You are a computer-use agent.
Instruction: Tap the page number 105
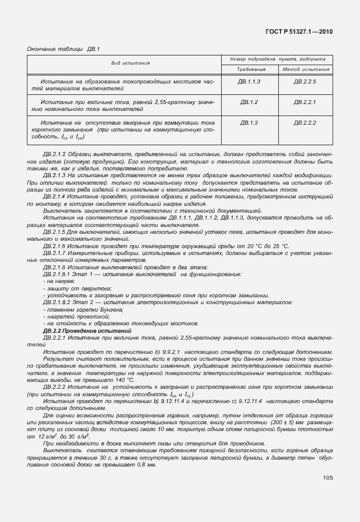[326, 477]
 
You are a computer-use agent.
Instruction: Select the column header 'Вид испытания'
[130, 63]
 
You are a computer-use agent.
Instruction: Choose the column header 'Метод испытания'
[306, 69]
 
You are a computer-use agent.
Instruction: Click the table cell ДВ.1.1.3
[249, 82]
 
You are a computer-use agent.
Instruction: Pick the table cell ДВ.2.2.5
[305, 82]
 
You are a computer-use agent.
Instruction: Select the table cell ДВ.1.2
[249, 102]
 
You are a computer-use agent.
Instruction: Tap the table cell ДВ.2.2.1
[305, 102]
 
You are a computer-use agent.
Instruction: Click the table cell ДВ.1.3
[249, 122]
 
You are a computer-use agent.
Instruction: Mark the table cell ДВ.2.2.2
[305, 122]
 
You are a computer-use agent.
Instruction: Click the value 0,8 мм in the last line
[146, 466]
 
